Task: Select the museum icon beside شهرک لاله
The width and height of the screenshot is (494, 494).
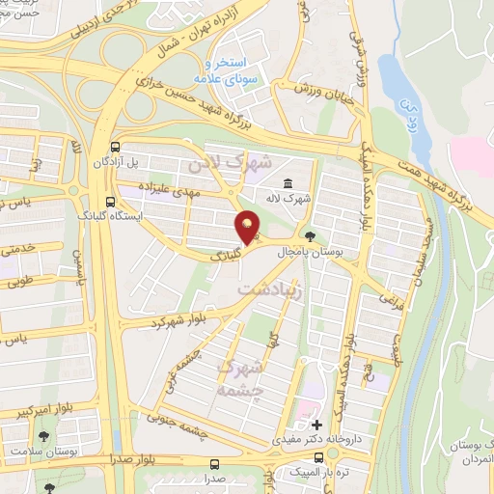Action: pos(288,184)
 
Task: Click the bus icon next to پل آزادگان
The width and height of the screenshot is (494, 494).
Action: pos(116,148)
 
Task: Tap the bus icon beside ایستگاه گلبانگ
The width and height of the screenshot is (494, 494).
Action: pos(111,203)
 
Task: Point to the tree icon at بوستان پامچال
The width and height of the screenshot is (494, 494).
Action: pos(309,235)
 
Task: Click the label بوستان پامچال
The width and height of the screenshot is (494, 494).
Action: pos(354,236)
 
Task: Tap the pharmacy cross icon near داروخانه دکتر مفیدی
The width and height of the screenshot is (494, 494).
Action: pos(316,425)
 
